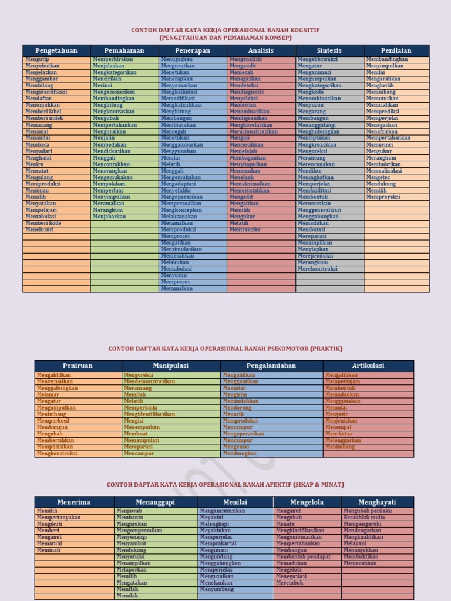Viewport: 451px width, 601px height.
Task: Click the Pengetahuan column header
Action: point(56,50)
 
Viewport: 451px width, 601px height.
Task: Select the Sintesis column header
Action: point(329,50)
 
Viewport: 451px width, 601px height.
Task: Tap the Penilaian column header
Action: point(396,50)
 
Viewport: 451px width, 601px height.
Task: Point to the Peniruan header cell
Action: point(78,366)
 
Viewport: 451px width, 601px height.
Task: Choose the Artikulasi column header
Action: point(368,366)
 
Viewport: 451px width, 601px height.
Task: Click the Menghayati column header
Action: point(377,502)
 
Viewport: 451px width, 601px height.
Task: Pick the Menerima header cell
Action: point(74,502)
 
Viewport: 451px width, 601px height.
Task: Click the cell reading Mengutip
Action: point(38,59)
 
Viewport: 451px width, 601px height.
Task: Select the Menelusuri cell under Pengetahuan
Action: point(40,229)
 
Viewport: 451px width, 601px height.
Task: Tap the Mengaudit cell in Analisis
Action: point(243,66)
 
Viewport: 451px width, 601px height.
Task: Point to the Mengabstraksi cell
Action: point(318,59)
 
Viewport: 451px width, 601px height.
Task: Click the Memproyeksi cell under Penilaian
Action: point(383,197)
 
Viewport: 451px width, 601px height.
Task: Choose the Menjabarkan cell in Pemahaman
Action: point(109,217)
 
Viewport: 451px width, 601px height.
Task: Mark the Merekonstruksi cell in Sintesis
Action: point(318,269)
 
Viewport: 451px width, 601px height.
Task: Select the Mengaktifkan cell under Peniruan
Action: point(54,374)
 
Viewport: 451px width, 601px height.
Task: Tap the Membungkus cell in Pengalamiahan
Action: point(240,453)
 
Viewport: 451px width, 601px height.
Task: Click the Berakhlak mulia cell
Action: point(365,518)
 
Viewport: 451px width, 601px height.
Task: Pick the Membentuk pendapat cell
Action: point(303,556)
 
